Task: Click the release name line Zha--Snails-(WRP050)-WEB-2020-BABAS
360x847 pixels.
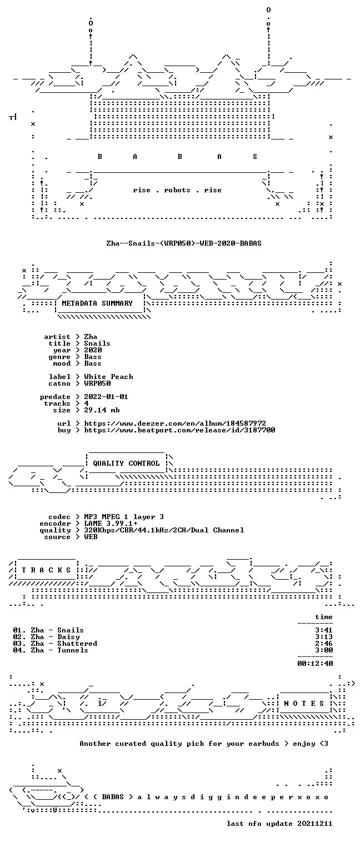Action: (x=184, y=243)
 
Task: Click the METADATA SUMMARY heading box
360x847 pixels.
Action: (x=100, y=303)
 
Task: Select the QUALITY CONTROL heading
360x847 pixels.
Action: (x=126, y=463)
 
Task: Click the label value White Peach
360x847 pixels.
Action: (x=108, y=377)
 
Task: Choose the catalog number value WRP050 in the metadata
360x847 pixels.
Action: (x=98, y=383)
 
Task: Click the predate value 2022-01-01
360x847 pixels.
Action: (x=106, y=397)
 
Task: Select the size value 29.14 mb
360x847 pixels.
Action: (x=102, y=410)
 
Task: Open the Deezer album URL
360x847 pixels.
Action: (x=175, y=423)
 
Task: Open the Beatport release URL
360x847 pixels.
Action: (x=179, y=430)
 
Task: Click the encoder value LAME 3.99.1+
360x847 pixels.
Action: (x=111, y=524)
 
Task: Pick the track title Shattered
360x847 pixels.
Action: (x=78, y=644)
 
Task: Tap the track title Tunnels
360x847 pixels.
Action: (x=73, y=650)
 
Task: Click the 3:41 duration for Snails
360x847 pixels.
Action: (x=324, y=630)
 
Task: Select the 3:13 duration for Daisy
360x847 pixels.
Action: (x=324, y=637)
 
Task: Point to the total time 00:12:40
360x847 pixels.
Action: (x=315, y=664)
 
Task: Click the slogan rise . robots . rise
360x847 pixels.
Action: (x=177, y=190)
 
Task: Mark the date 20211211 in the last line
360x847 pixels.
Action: (x=315, y=824)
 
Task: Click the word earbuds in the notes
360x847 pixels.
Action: (x=264, y=744)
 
